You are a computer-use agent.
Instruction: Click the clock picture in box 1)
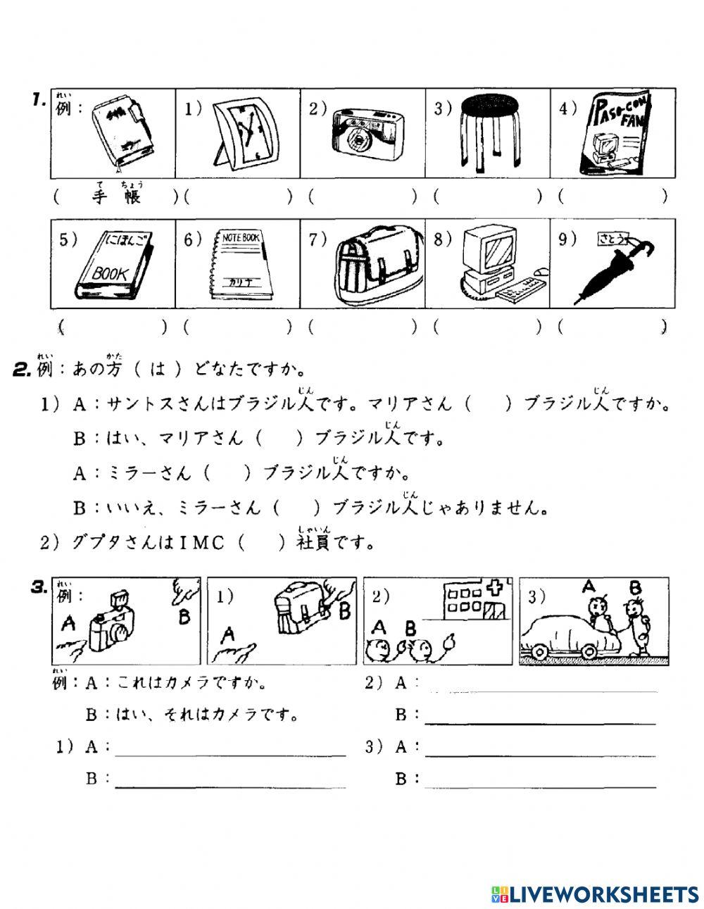(x=243, y=132)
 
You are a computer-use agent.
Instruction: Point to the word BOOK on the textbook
(x=111, y=273)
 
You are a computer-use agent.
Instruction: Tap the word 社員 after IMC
(x=313, y=543)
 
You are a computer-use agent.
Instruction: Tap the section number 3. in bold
(x=39, y=586)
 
